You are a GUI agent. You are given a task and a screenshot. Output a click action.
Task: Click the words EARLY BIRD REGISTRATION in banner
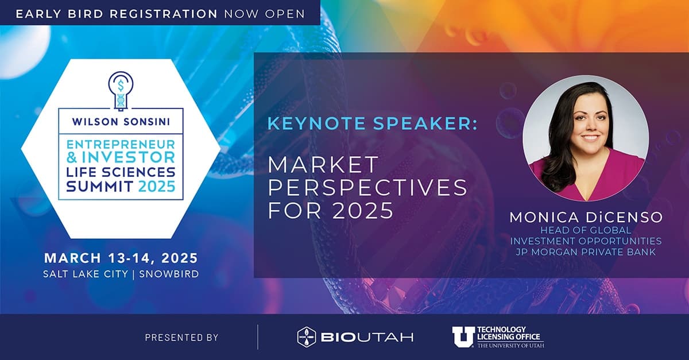[117, 13]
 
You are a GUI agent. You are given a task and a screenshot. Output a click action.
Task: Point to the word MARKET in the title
[323, 165]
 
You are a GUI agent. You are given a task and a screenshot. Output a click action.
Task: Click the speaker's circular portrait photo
[586, 138]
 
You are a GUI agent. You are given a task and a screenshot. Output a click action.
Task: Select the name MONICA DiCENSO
[586, 218]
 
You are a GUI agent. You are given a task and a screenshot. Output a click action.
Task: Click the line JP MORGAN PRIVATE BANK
[586, 251]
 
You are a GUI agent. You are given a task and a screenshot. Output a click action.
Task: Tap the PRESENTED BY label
[181, 338]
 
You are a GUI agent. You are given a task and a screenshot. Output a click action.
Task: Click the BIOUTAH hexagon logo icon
[307, 338]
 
